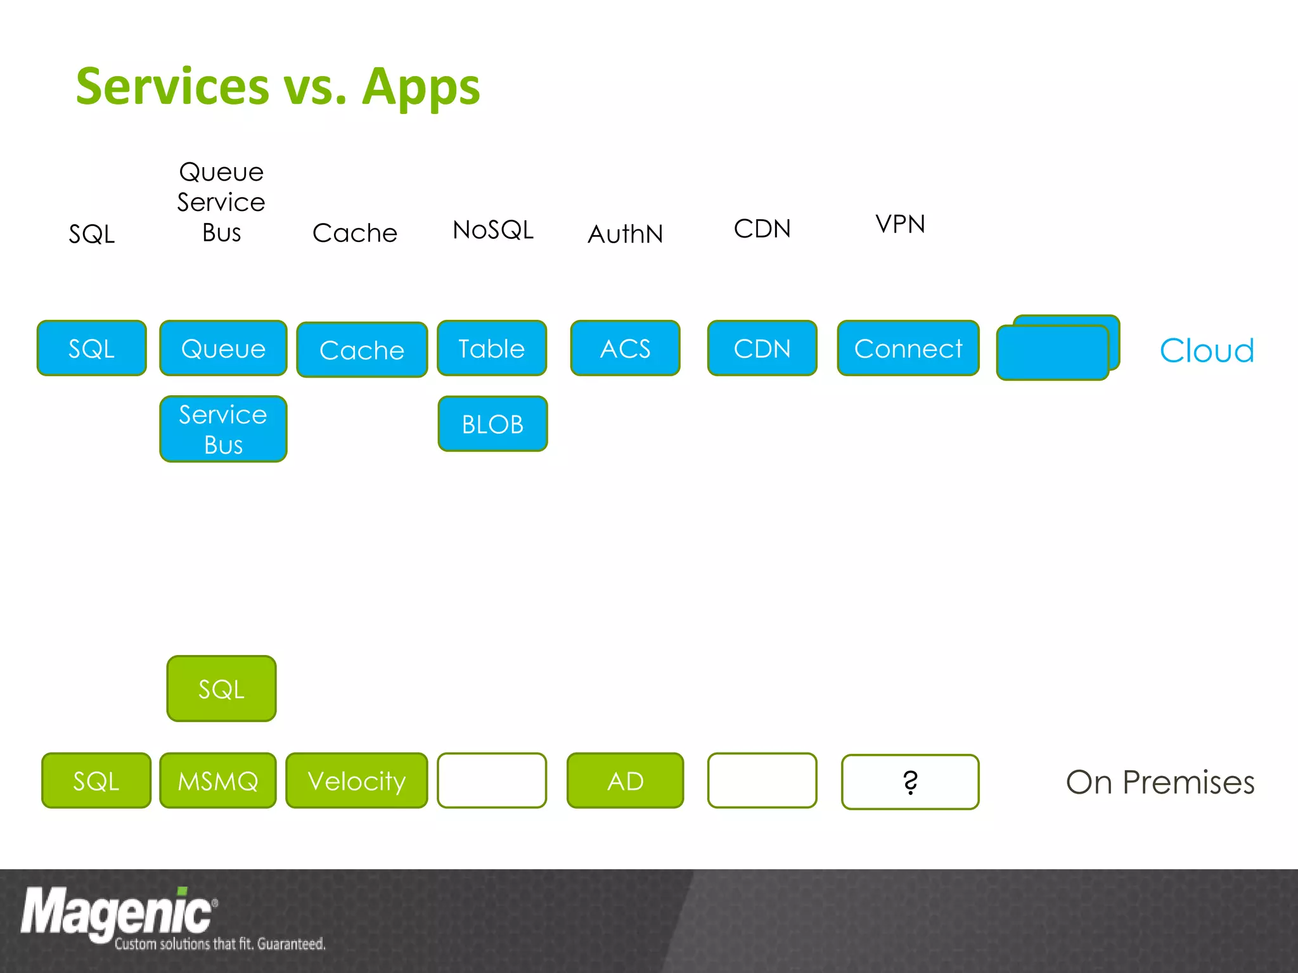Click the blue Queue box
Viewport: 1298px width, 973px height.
coord(223,348)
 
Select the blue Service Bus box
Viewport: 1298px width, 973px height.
coord(223,429)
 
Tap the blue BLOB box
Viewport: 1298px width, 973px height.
coord(492,424)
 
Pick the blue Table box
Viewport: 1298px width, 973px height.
coord(492,348)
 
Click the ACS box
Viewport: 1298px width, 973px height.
coord(625,348)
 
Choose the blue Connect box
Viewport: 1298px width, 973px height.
coord(908,348)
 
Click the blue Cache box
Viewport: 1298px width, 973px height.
coord(362,350)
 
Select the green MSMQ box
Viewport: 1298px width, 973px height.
coord(218,780)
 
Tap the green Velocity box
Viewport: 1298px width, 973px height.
coord(356,780)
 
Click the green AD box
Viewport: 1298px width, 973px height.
coord(625,780)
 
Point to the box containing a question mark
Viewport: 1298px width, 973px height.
coord(910,782)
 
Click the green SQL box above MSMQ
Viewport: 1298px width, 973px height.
coord(221,689)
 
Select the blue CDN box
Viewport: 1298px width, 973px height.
coord(762,348)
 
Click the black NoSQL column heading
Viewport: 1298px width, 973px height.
coord(493,229)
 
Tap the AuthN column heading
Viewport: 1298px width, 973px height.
coord(625,234)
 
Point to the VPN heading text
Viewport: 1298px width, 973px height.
coord(900,224)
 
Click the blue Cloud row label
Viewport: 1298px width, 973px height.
coord(1207,350)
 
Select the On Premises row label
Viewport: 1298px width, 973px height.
coord(1160,782)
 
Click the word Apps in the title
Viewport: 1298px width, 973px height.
coord(421,87)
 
